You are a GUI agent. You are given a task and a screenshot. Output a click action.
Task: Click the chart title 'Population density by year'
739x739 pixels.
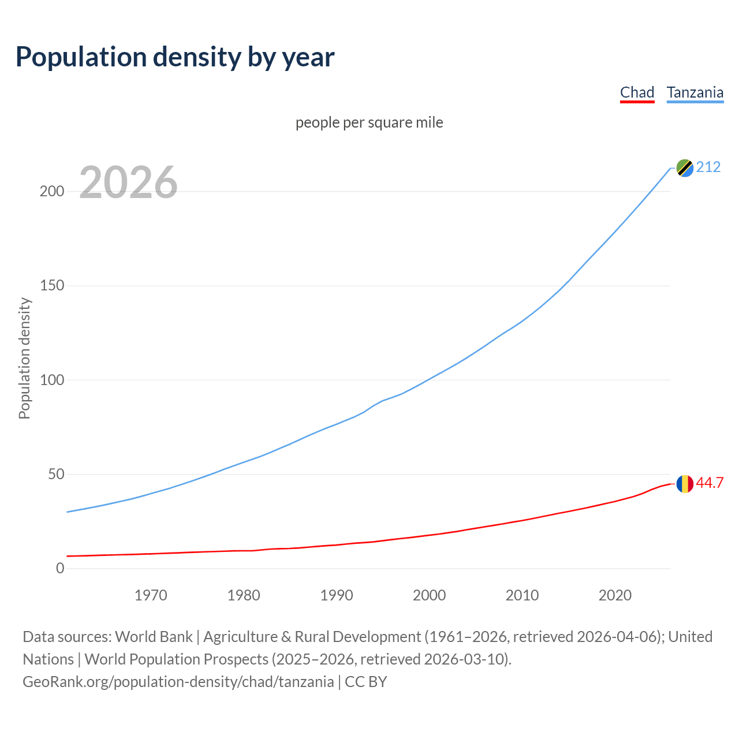[x=175, y=57]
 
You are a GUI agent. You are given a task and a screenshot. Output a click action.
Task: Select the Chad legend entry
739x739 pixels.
[x=637, y=92]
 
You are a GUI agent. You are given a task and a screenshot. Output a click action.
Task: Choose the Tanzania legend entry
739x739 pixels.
[x=695, y=92]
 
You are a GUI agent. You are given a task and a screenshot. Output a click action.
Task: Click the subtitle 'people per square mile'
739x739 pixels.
[x=369, y=122]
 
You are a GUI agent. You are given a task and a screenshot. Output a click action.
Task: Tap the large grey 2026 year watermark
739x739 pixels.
[x=128, y=182]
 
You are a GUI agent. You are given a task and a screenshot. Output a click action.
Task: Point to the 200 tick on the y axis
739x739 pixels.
[x=51, y=191]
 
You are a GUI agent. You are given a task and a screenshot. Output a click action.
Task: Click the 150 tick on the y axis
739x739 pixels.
[x=51, y=286]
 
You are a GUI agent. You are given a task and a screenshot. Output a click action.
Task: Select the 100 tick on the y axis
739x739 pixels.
[x=51, y=380]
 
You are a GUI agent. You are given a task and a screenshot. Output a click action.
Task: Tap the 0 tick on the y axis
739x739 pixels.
[x=60, y=568]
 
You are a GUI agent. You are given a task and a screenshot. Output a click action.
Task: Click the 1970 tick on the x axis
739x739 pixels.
[x=151, y=595]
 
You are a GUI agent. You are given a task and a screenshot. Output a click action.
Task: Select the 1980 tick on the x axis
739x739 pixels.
[x=244, y=595]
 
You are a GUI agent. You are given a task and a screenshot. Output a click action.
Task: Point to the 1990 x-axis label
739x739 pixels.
[x=337, y=595]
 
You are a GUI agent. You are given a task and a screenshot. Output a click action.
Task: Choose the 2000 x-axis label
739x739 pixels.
[x=429, y=595]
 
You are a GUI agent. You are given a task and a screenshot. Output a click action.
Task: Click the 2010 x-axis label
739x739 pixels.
[x=522, y=595]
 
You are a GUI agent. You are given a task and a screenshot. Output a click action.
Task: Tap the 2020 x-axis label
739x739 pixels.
[x=615, y=595]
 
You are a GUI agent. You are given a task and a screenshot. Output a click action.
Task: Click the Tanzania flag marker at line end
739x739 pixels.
[x=685, y=168]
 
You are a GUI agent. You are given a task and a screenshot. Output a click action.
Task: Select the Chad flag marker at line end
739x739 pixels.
[x=685, y=484]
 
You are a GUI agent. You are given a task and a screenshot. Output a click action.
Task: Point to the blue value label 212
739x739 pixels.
[x=708, y=167]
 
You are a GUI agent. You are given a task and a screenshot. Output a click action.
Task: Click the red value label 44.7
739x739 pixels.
[x=710, y=483]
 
